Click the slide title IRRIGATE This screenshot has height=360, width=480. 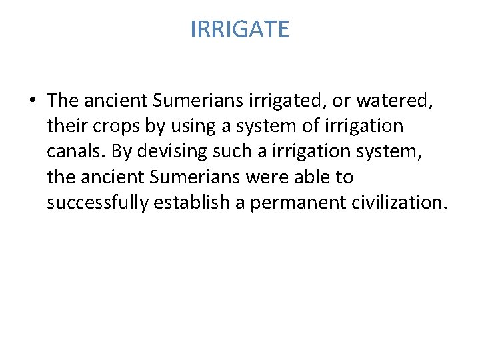point(240,30)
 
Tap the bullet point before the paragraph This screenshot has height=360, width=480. point(33,101)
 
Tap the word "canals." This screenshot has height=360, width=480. point(77,151)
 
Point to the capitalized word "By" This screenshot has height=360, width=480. point(121,151)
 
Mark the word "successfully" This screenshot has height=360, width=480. point(97,203)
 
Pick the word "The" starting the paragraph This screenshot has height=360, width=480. point(63,100)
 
